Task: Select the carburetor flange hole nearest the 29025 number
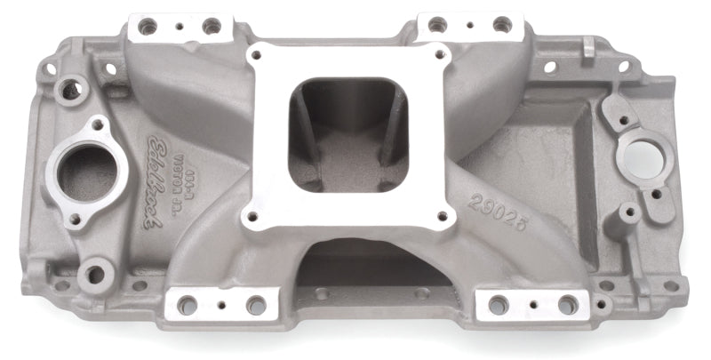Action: [x=439, y=215]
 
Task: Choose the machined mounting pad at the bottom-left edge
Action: [x=220, y=304]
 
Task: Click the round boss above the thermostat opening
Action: [x=69, y=89]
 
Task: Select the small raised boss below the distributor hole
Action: [x=628, y=213]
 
